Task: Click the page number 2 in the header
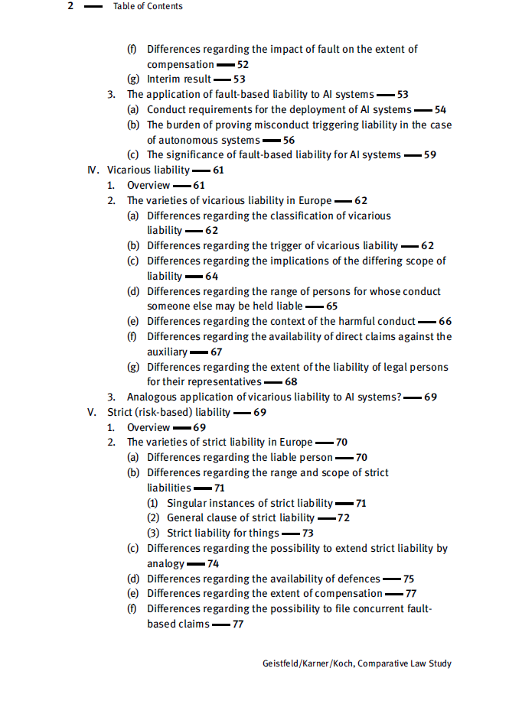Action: [x=70, y=6]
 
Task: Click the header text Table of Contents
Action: [x=147, y=6]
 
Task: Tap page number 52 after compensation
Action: [x=243, y=64]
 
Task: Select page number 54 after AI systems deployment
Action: [x=440, y=109]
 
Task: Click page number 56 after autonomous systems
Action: [x=289, y=140]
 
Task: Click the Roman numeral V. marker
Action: [x=92, y=412]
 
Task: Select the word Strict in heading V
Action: [x=121, y=412]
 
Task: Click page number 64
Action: [x=211, y=276]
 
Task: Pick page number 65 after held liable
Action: [x=331, y=306]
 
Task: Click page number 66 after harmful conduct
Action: [x=445, y=321]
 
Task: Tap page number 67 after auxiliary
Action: [x=216, y=352]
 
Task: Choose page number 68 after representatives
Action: [x=291, y=381]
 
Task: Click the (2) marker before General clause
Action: [x=152, y=517]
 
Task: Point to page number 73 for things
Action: [x=308, y=533]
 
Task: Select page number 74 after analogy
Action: [x=213, y=563]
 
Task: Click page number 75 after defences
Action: [x=409, y=579]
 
